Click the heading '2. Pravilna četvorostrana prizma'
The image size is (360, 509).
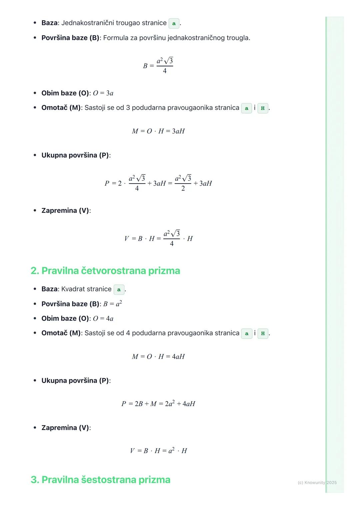click(105, 270)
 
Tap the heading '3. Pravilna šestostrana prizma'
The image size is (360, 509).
click(100, 480)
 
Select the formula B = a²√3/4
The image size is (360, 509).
click(158, 65)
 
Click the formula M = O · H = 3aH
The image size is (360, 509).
click(158, 131)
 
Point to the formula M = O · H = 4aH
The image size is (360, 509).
click(158, 357)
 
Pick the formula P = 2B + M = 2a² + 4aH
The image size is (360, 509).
click(158, 404)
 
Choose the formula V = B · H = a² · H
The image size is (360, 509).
click(158, 451)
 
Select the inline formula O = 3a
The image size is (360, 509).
click(103, 93)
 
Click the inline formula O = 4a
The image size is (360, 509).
click(103, 319)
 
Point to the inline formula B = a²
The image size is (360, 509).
click(112, 304)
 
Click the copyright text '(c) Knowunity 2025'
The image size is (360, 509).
click(317, 482)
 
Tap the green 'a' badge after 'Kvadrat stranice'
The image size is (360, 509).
click(119, 289)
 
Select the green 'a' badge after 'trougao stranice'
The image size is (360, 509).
click(174, 23)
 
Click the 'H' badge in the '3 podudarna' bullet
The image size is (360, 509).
click(263, 108)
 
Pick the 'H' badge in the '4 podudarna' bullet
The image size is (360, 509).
click(263, 333)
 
